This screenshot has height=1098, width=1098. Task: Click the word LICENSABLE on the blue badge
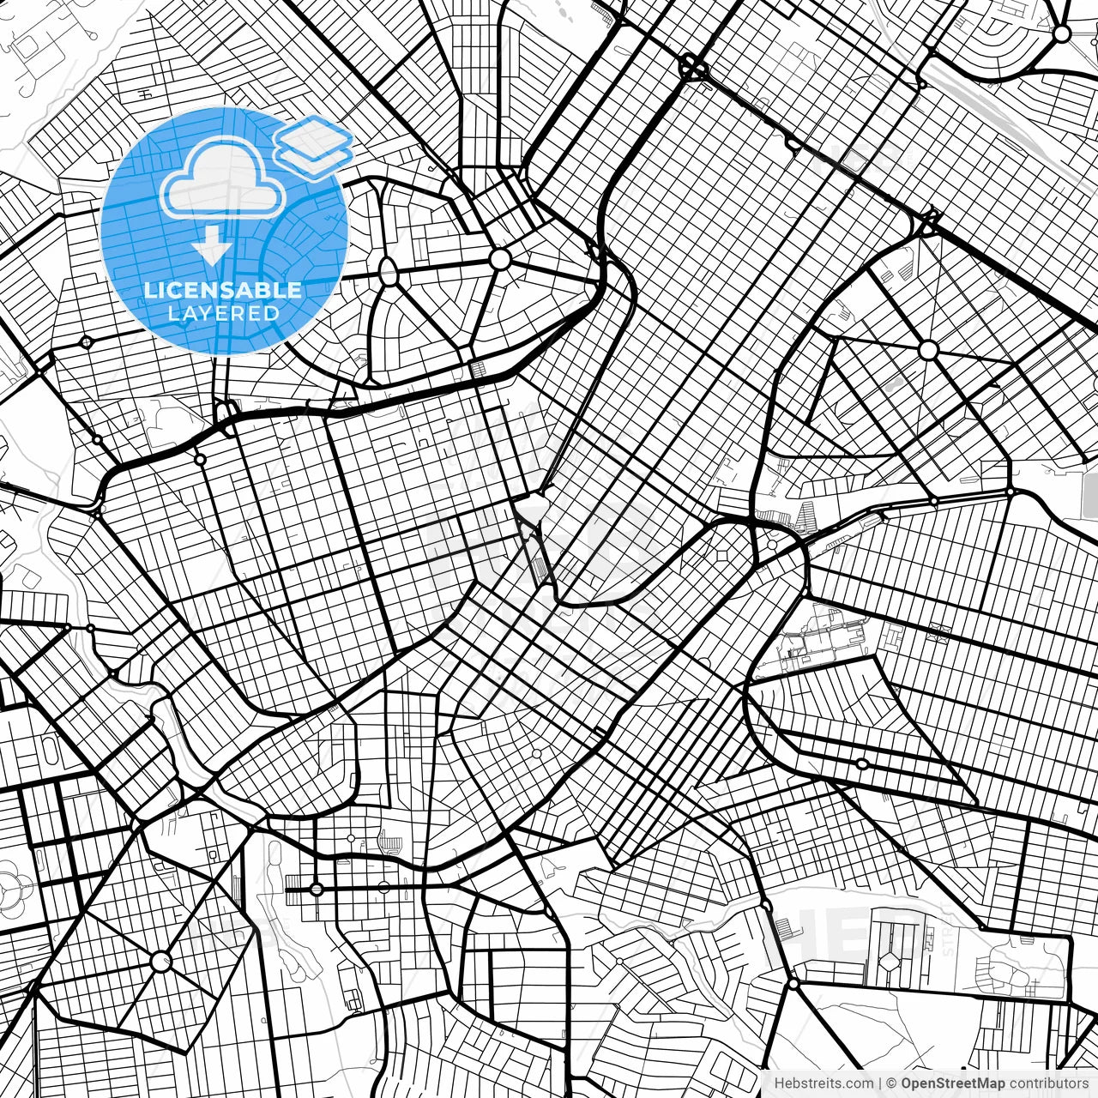tap(223, 290)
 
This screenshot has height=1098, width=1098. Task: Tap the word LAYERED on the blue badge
tap(223, 314)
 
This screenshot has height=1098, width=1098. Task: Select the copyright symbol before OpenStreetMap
tap(892, 1083)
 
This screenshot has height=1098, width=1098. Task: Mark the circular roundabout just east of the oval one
tap(499, 259)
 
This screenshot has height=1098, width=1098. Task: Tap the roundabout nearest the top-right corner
tap(1062, 34)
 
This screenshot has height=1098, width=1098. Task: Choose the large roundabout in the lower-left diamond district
tap(160, 962)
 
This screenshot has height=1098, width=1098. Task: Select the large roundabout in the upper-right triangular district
tap(928, 350)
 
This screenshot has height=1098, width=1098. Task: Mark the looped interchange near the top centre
tap(692, 67)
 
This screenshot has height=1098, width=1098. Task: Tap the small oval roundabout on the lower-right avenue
tap(862, 763)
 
